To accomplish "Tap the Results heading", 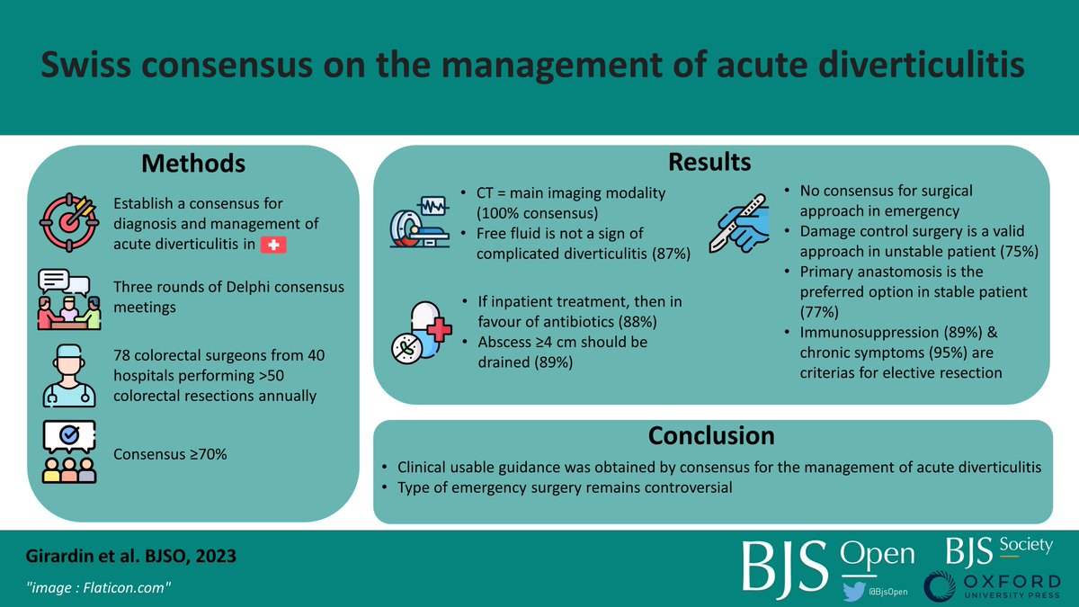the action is pyautogui.click(x=709, y=162).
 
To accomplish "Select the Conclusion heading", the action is pyautogui.click(x=711, y=435).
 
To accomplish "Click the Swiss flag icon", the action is pyautogui.click(x=272, y=245).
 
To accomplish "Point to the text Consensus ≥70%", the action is pyautogui.click(x=171, y=454).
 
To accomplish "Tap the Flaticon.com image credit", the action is pyautogui.click(x=98, y=587).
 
